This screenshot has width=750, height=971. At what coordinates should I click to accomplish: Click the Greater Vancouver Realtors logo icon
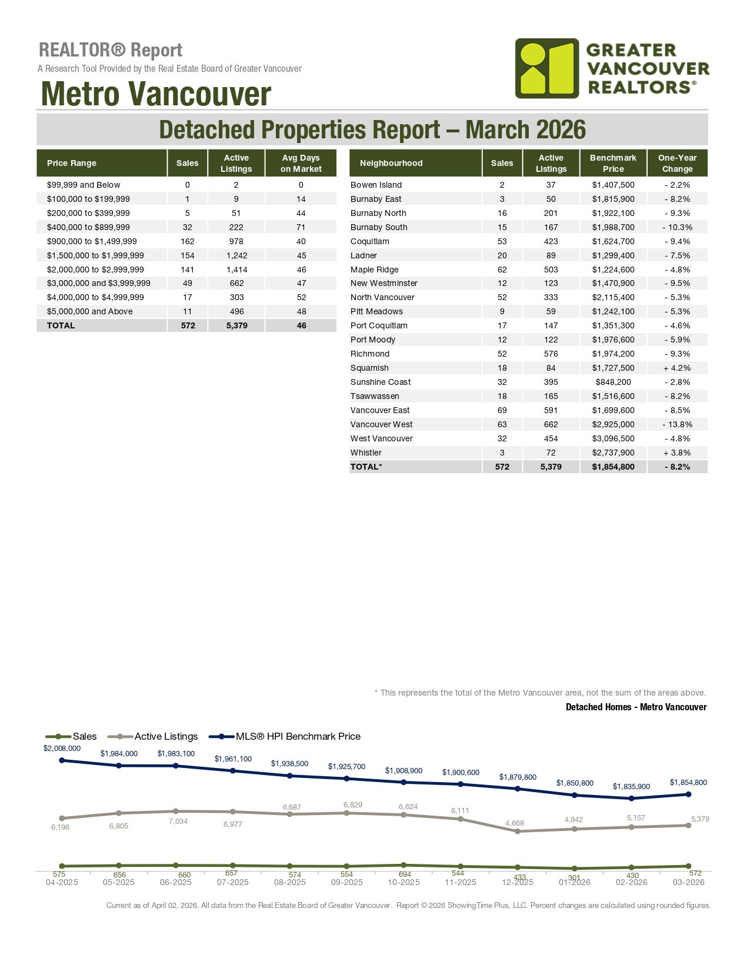[547, 68]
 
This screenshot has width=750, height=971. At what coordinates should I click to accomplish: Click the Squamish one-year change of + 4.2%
[677, 368]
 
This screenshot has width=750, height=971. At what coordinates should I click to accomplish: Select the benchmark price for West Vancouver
[613, 438]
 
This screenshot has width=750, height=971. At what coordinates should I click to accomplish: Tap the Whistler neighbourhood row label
[366, 453]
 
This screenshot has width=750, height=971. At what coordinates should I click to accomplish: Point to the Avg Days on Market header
[301, 163]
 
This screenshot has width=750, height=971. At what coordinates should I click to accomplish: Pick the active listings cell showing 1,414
[236, 270]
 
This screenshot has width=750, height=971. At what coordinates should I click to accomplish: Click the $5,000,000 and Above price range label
[90, 311]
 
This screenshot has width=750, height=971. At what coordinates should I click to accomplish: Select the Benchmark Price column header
[613, 163]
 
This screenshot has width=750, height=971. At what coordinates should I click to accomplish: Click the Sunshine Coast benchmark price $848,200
[613, 382]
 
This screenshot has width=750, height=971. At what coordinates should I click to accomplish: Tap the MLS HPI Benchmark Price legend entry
[298, 736]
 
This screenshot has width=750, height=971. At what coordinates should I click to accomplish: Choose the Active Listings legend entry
[166, 736]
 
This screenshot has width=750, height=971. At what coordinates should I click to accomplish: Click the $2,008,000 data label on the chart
[62, 749]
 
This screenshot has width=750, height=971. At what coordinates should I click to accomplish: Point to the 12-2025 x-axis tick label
[518, 882]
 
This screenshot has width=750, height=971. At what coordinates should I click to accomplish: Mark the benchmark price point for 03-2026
[688, 794]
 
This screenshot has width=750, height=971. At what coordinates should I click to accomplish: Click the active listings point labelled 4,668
[518, 832]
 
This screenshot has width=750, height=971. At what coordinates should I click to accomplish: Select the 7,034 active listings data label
[178, 821]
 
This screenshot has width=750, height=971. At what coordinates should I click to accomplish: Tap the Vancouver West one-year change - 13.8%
[677, 424]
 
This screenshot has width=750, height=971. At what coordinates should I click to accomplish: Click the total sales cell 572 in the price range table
[188, 325]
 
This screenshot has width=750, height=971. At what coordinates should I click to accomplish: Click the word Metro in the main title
[80, 94]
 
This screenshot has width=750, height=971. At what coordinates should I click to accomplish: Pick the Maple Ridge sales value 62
[502, 270]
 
